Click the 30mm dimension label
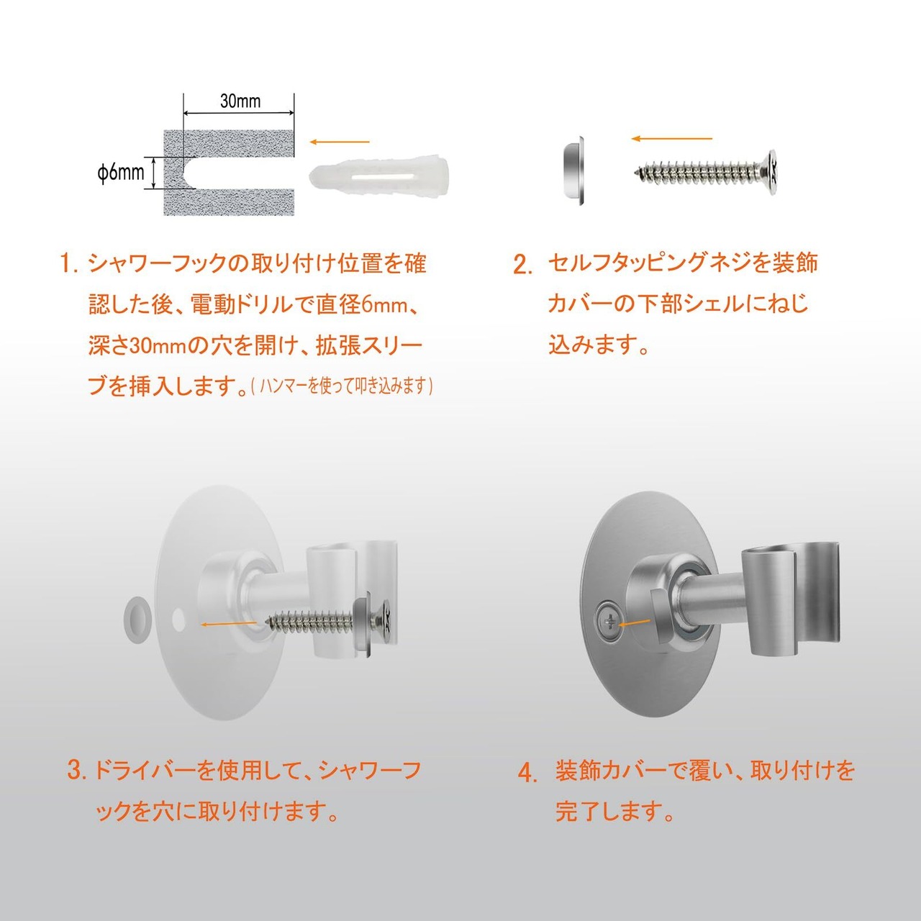tap(240, 101)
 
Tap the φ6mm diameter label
tap(120, 172)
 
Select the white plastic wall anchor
tap(380, 177)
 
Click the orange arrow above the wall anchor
tap(340, 142)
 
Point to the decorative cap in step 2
tap(573, 171)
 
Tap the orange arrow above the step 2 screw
tap(671, 139)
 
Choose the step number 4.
tap(527, 773)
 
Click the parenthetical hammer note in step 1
tap(342, 386)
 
